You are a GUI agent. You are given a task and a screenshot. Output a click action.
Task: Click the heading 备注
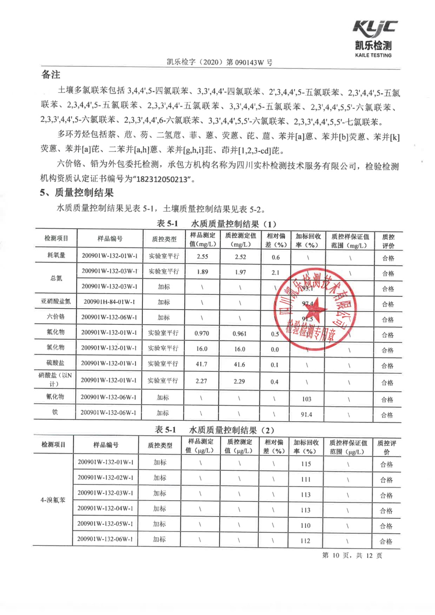(50, 75)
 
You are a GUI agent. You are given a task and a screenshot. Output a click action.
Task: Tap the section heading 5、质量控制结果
(77, 193)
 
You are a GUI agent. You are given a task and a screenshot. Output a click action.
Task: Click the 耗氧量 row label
(56, 255)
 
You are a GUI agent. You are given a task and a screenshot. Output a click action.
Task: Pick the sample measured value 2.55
(202, 256)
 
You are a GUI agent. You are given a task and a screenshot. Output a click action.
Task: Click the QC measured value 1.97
(240, 272)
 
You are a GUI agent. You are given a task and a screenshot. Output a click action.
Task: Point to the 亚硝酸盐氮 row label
(56, 302)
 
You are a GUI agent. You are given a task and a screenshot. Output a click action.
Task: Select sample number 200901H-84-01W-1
(109, 302)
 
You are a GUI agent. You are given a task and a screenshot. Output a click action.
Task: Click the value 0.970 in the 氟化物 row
(201, 333)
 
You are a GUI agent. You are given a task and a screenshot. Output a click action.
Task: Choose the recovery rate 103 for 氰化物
(306, 399)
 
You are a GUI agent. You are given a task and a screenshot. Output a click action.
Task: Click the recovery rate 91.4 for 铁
(306, 414)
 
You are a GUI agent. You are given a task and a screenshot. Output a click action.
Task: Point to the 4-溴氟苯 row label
(53, 500)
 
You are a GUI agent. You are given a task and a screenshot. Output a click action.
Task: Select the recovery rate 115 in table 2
(306, 464)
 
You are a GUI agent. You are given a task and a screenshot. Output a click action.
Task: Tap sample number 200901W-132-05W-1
(105, 524)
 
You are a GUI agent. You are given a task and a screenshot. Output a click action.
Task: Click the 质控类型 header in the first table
(164, 239)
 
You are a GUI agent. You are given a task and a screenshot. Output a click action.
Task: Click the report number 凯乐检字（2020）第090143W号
(219, 62)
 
